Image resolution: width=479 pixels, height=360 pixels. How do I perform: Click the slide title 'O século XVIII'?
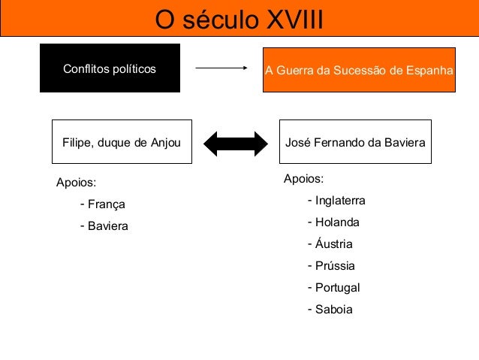[239, 19]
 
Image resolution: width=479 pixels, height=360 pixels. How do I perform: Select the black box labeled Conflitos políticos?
[110, 68]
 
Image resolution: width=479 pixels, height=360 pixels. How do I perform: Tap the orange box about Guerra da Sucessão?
[359, 70]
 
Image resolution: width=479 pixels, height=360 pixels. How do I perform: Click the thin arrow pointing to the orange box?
[221, 68]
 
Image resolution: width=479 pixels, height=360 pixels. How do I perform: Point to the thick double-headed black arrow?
[236, 143]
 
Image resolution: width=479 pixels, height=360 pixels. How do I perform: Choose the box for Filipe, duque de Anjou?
[121, 142]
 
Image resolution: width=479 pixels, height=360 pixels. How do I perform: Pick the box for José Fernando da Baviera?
[355, 142]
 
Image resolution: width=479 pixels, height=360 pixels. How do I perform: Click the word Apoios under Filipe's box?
[77, 183]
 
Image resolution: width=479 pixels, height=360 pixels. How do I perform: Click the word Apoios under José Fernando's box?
[303, 179]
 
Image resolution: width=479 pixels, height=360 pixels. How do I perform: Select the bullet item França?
[106, 204]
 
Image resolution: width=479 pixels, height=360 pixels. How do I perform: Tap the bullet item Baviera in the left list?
[108, 225]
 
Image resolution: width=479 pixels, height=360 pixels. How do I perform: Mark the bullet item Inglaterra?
[340, 201]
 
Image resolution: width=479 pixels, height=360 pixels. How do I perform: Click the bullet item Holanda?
[337, 222]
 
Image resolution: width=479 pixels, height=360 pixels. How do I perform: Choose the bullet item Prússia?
[335, 266]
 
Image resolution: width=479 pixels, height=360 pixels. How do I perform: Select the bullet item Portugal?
[337, 288]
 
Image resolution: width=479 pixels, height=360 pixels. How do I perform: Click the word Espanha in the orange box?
[431, 70]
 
